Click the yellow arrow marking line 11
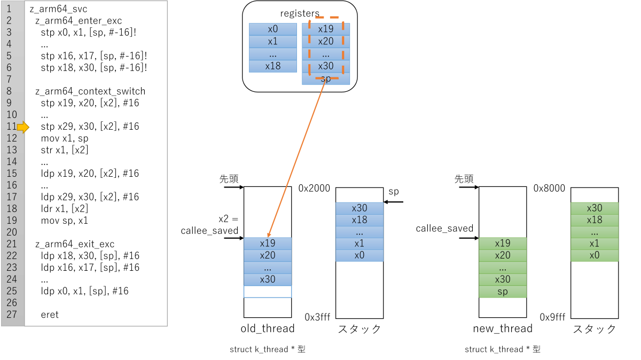click(x=23, y=127)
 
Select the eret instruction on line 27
click(x=50, y=315)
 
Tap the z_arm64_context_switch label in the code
click(x=90, y=91)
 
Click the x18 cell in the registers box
click(x=273, y=66)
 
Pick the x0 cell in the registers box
click(x=273, y=29)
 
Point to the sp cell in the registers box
click(x=326, y=79)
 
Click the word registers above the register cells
click(x=300, y=13)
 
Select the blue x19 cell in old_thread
click(x=268, y=243)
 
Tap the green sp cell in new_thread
click(x=503, y=292)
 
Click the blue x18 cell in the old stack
click(x=359, y=220)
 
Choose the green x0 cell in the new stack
click(x=595, y=255)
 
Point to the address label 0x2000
click(x=314, y=189)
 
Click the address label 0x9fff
click(x=552, y=317)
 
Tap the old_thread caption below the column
click(x=268, y=328)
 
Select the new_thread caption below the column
click(x=503, y=328)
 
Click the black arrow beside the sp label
click(x=394, y=202)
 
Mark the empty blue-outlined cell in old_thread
click(x=268, y=292)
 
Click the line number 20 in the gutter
click(x=12, y=232)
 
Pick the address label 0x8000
click(x=549, y=189)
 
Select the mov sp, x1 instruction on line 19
click(x=65, y=221)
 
